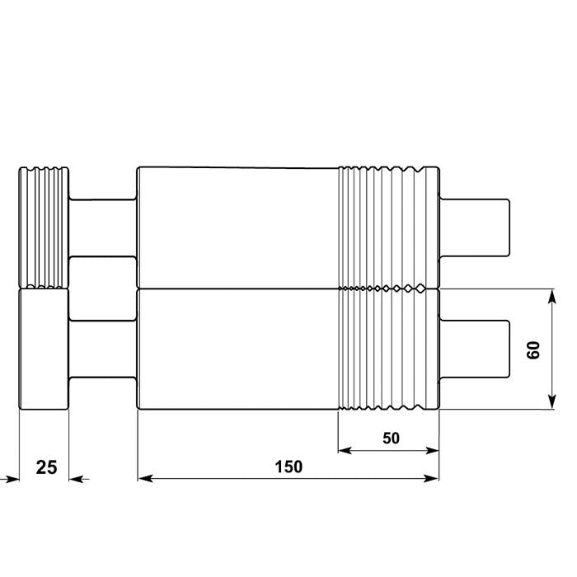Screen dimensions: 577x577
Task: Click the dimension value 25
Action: (x=47, y=467)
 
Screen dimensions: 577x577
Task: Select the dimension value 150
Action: (x=288, y=467)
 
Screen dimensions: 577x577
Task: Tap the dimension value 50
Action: (x=391, y=439)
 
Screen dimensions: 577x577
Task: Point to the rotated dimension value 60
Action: (x=533, y=349)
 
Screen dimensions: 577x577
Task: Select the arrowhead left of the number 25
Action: (x=9, y=478)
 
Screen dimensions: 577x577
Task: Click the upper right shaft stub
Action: (x=476, y=228)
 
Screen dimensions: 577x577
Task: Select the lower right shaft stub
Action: (x=476, y=349)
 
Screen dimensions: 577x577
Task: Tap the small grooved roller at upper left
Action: (x=45, y=228)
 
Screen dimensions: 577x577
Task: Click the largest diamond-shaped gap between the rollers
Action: (x=420, y=288)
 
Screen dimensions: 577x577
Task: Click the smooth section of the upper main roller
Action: (x=237, y=228)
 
